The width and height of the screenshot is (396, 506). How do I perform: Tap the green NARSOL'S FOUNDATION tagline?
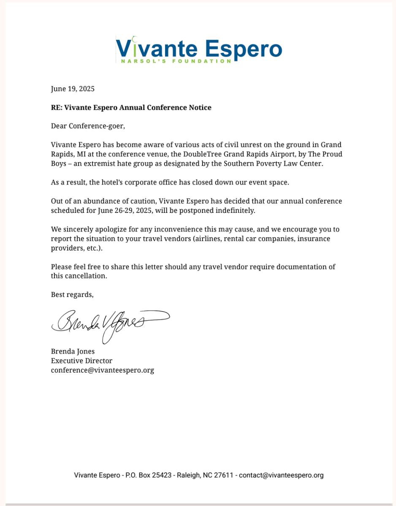click(176, 61)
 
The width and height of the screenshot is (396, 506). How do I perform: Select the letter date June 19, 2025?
click(73, 89)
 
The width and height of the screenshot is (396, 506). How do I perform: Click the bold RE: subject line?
click(131, 107)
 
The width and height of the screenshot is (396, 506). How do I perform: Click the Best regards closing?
click(72, 294)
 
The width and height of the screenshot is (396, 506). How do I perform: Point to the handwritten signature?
click(110, 324)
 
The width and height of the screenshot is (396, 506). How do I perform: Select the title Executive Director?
click(81, 361)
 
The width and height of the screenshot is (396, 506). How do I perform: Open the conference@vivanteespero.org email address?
click(102, 370)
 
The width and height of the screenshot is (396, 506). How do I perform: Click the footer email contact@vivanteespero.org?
click(281, 475)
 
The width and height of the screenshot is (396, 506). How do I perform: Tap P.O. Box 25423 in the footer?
click(148, 475)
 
